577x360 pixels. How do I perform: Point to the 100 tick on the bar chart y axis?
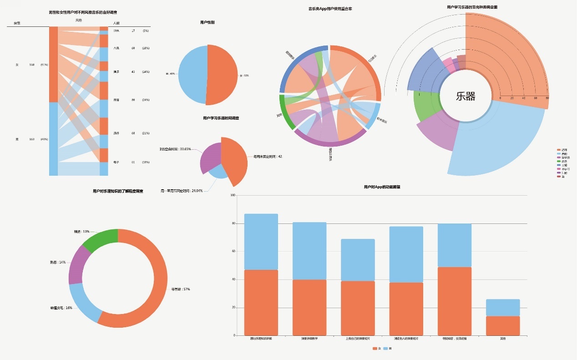pyautogui.click(x=233, y=195)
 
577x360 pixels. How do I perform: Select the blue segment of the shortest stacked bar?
pyautogui.click(x=503, y=308)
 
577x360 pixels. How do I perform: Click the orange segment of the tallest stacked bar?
pyautogui.click(x=261, y=303)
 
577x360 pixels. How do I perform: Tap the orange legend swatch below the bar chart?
pyautogui.click(x=375, y=349)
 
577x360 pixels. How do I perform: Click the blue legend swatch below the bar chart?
pyautogui.click(x=385, y=349)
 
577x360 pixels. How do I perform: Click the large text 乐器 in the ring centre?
pyautogui.click(x=466, y=96)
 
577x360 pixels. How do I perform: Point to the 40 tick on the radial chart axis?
pyautogui.click(x=524, y=98)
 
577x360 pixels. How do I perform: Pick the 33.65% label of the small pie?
pyautogui.click(x=176, y=149)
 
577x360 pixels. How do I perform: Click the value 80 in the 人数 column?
pyautogui.click(x=133, y=100)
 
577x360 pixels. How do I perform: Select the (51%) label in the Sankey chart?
pyautogui.click(x=44, y=65)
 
